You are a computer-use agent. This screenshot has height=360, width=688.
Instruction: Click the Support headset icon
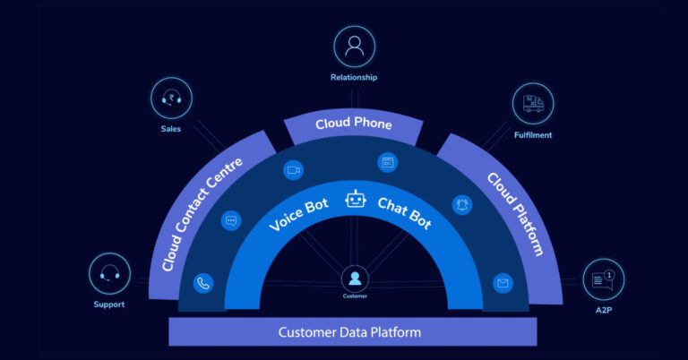click(110, 274)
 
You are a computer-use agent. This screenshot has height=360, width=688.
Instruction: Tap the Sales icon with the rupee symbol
click(170, 99)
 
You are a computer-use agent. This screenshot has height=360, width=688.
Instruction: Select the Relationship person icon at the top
click(355, 47)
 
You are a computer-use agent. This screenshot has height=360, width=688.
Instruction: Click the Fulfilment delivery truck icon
click(533, 104)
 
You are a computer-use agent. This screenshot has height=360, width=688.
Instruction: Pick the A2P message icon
click(603, 279)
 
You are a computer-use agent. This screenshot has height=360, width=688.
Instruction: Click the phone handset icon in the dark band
click(204, 284)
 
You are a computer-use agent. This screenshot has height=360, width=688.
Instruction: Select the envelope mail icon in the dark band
click(503, 284)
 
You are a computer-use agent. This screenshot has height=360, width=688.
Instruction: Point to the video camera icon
click(292, 169)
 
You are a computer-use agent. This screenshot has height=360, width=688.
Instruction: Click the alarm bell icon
click(462, 204)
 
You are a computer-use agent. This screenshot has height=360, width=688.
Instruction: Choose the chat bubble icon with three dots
click(231, 220)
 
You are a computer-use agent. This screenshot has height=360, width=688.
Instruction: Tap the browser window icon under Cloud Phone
click(388, 163)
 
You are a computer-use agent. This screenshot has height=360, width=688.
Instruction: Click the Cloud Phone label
click(353, 124)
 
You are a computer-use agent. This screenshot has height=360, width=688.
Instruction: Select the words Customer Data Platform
click(349, 332)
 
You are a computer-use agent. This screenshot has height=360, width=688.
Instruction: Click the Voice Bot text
click(299, 216)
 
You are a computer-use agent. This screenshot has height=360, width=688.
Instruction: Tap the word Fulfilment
click(533, 135)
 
